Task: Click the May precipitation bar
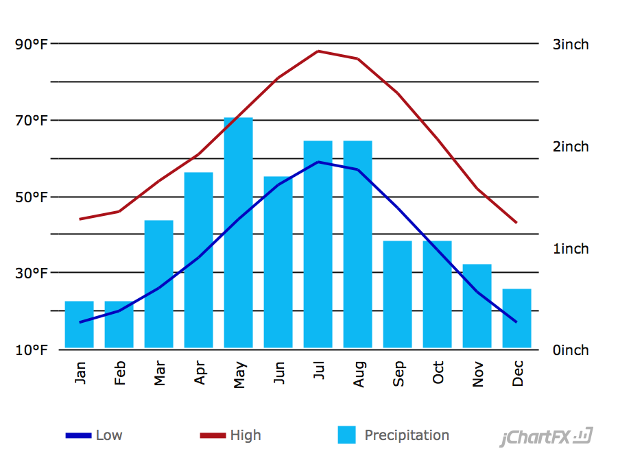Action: [238, 233]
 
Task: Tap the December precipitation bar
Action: [516, 318]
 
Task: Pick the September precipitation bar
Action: [397, 294]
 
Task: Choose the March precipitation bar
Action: [158, 284]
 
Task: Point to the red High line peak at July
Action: [318, 51]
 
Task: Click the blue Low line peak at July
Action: [318, 162]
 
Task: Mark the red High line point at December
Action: [516, 223]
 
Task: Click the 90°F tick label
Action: [32, 45]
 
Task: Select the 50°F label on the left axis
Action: [32, 197]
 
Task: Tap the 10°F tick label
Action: [32, 350]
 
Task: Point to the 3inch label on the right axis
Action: [571, 45]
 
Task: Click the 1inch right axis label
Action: [571, 249]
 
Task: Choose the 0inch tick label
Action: [571, 350]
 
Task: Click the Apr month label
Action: [200, 374]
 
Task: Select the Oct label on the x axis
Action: [438, 373]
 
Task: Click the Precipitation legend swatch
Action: [347, 435]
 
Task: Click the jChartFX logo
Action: [546, 437]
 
